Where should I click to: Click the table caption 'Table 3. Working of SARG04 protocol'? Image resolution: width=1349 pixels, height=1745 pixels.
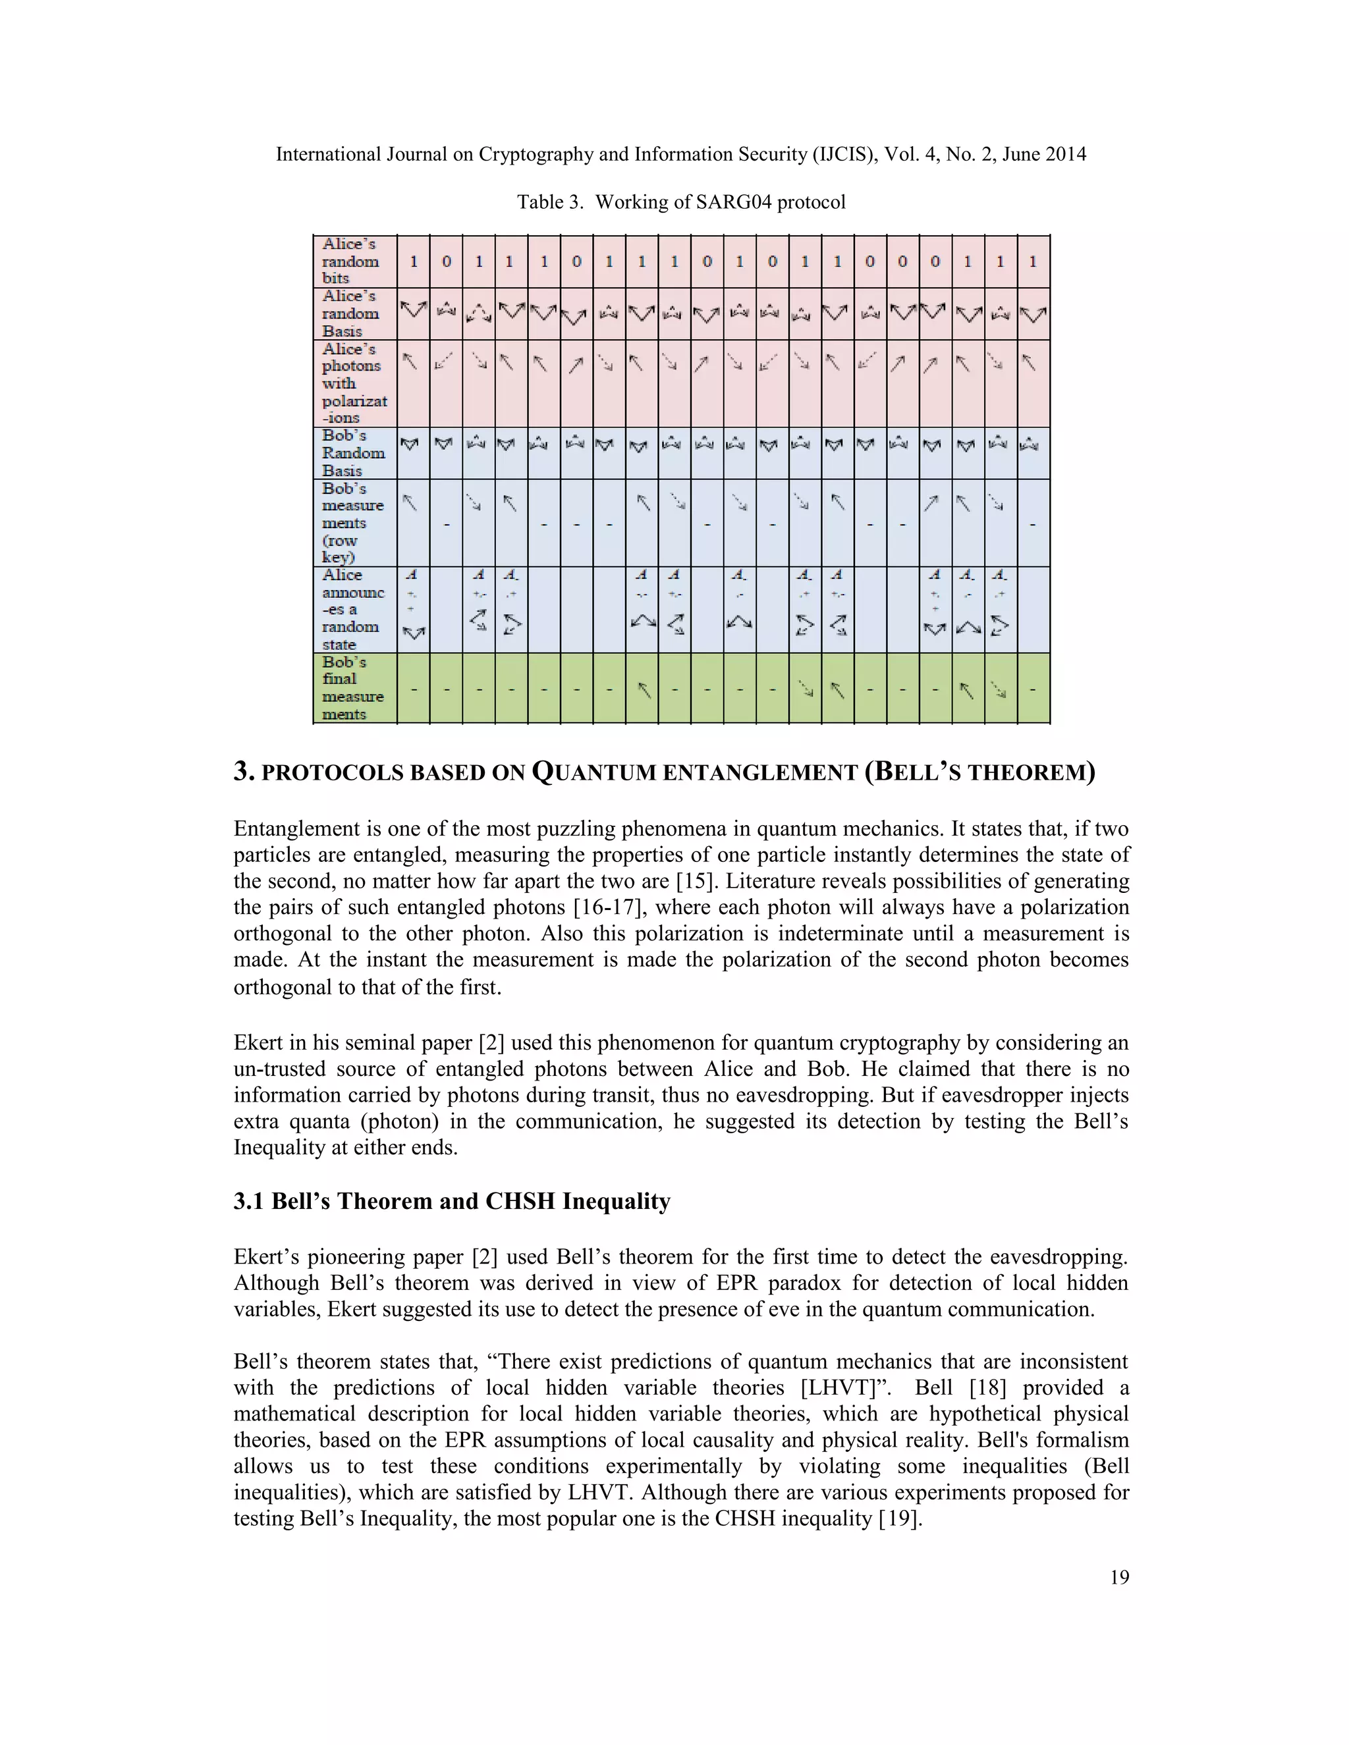(681, 202)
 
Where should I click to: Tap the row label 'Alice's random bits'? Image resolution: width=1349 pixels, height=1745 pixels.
(351, 261)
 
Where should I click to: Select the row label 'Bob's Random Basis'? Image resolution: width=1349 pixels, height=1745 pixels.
(352, 453)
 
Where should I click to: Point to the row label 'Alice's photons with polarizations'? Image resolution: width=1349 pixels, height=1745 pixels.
(354, 383)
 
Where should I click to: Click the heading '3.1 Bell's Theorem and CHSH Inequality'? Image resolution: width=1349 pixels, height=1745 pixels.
(451, 1201)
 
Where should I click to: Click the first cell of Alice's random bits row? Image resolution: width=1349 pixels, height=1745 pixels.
(413, 262)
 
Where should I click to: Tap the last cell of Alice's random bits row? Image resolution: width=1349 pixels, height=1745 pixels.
(1033, 262)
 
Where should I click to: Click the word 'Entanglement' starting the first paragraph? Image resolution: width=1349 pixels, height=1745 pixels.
(288, 828)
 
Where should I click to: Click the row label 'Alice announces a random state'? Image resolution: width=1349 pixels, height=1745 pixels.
(352, 610)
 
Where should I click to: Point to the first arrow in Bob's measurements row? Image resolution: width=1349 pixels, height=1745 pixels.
(410, 502)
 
